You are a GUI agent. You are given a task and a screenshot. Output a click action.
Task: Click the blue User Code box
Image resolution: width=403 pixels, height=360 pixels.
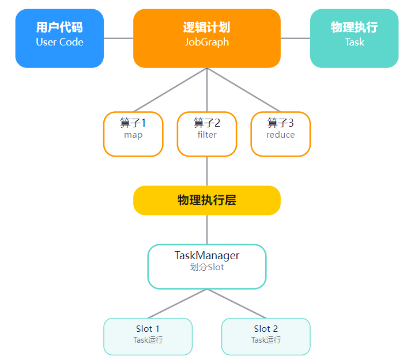[59, 39]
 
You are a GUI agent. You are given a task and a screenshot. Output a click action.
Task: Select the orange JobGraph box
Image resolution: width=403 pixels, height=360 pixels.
[207, 39]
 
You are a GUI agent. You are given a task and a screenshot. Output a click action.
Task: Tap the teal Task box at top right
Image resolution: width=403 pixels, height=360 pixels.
[355, 39]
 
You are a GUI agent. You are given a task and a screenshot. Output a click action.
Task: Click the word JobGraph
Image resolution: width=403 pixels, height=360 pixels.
[207, 42]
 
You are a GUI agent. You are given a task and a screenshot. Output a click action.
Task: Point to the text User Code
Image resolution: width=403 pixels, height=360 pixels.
[59, 42]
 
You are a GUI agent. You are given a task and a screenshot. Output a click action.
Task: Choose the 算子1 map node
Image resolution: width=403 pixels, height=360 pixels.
[133, 134]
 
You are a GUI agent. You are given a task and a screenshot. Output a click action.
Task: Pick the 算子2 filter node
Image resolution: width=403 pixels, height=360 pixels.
[207, 134]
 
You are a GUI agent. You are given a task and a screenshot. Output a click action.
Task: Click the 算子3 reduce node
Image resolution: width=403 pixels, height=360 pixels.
[281, 134]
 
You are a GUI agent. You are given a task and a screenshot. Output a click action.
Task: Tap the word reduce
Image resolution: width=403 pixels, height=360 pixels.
[281, 135]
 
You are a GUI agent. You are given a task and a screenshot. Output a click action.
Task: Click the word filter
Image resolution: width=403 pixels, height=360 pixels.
[207, 135]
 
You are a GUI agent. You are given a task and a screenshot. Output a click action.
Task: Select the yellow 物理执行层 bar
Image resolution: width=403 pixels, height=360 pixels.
[207, 200]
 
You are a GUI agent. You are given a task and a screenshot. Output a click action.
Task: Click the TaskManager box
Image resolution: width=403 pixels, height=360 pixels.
[207, 267]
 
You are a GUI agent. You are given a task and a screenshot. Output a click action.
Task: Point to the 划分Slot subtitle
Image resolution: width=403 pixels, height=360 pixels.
[207, 267]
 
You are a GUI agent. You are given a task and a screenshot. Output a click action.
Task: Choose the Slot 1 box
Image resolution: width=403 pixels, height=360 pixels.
[148, 336]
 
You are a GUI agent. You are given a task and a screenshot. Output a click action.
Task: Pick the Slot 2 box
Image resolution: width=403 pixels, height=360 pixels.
[266, 336]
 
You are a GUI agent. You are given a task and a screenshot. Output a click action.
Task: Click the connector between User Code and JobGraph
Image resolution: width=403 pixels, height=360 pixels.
[119, 39]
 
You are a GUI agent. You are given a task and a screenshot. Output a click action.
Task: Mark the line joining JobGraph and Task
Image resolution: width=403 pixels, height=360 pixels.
[295, 39]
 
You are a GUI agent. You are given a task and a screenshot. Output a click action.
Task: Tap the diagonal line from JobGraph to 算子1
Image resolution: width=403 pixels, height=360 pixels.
[170, 90]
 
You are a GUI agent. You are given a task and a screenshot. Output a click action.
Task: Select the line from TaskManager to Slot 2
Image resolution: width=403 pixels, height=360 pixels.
[236, 304]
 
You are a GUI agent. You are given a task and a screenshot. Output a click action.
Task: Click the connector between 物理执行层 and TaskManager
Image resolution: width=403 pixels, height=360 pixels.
[207, 230]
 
